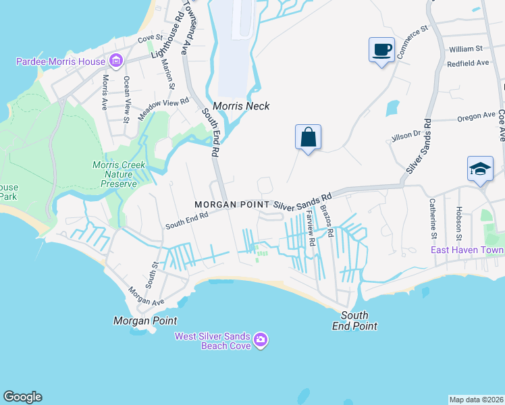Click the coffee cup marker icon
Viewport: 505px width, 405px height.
(x=381, y=50)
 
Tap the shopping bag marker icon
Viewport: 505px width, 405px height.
(x=308, y=137)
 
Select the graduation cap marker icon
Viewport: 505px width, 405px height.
(x=480, y=169)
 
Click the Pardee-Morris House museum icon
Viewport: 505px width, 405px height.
(x=115, y=62)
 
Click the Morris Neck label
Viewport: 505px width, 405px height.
(x=241, y=106)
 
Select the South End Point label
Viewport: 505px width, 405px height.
(x=358, y=321)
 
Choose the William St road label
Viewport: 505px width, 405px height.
(x=465, y=49)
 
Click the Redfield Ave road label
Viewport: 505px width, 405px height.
(x=468, y=63)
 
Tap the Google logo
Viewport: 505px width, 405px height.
(x=22, y=397)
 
